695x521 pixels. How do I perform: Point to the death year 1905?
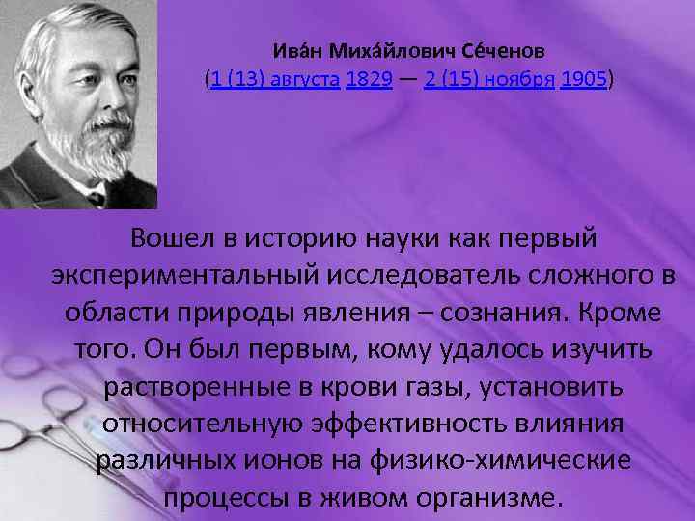pos(582,81)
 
